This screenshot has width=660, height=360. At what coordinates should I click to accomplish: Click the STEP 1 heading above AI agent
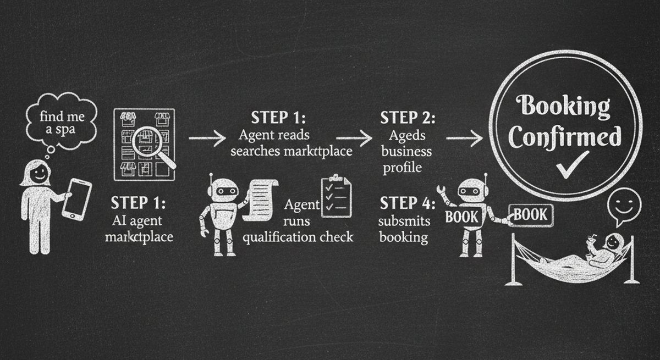(137, 203)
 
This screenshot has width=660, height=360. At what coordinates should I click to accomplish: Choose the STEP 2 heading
(408, 118)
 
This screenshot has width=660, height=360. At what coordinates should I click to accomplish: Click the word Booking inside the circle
(565, 106)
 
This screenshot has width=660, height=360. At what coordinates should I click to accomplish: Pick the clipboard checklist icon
(335, 196)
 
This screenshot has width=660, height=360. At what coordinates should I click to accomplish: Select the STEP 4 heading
(408, 204)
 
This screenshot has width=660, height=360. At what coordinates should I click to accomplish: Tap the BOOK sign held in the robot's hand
(530, 214)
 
